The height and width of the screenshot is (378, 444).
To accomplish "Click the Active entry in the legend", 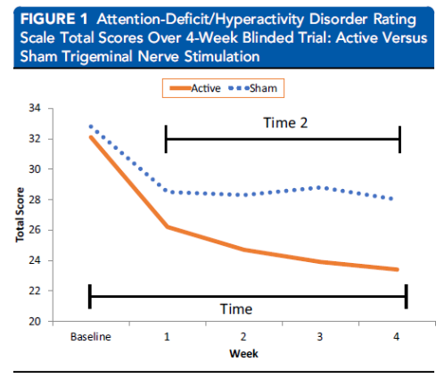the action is coord(195,88).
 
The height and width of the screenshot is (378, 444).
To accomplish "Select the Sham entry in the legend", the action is coord(252,88).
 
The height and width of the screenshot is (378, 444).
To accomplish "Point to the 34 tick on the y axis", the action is coord(35,108).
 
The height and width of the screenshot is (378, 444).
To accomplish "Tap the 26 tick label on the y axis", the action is coord(35,230).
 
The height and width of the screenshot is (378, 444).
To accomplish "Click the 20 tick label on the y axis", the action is coord(35,321).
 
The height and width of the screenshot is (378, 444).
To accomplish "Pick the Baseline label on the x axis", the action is coord(91,337).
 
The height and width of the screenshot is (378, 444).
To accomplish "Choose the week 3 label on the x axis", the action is coord(320,337).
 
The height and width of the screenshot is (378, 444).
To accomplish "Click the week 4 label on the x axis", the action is coord(397,337).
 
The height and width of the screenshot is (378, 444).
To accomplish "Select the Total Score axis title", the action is coord(20,215).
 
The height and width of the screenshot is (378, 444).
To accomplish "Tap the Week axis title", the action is coord(243,354).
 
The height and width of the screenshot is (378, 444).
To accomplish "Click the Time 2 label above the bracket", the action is coord(285,123).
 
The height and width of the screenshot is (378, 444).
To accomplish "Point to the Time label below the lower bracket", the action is coord(236,309).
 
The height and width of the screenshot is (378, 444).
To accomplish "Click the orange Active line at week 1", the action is coord(168,226).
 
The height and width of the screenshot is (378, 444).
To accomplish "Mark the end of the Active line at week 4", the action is coord(398,269).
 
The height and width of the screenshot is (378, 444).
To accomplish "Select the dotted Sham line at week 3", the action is coord(319,188).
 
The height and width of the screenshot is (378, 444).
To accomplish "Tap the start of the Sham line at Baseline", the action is coord(91,127).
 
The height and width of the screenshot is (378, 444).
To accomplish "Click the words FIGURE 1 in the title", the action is coord(53,19).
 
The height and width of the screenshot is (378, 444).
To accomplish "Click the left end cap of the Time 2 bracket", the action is coord(166,139).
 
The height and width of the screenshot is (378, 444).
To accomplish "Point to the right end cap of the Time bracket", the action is coord(407,297).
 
